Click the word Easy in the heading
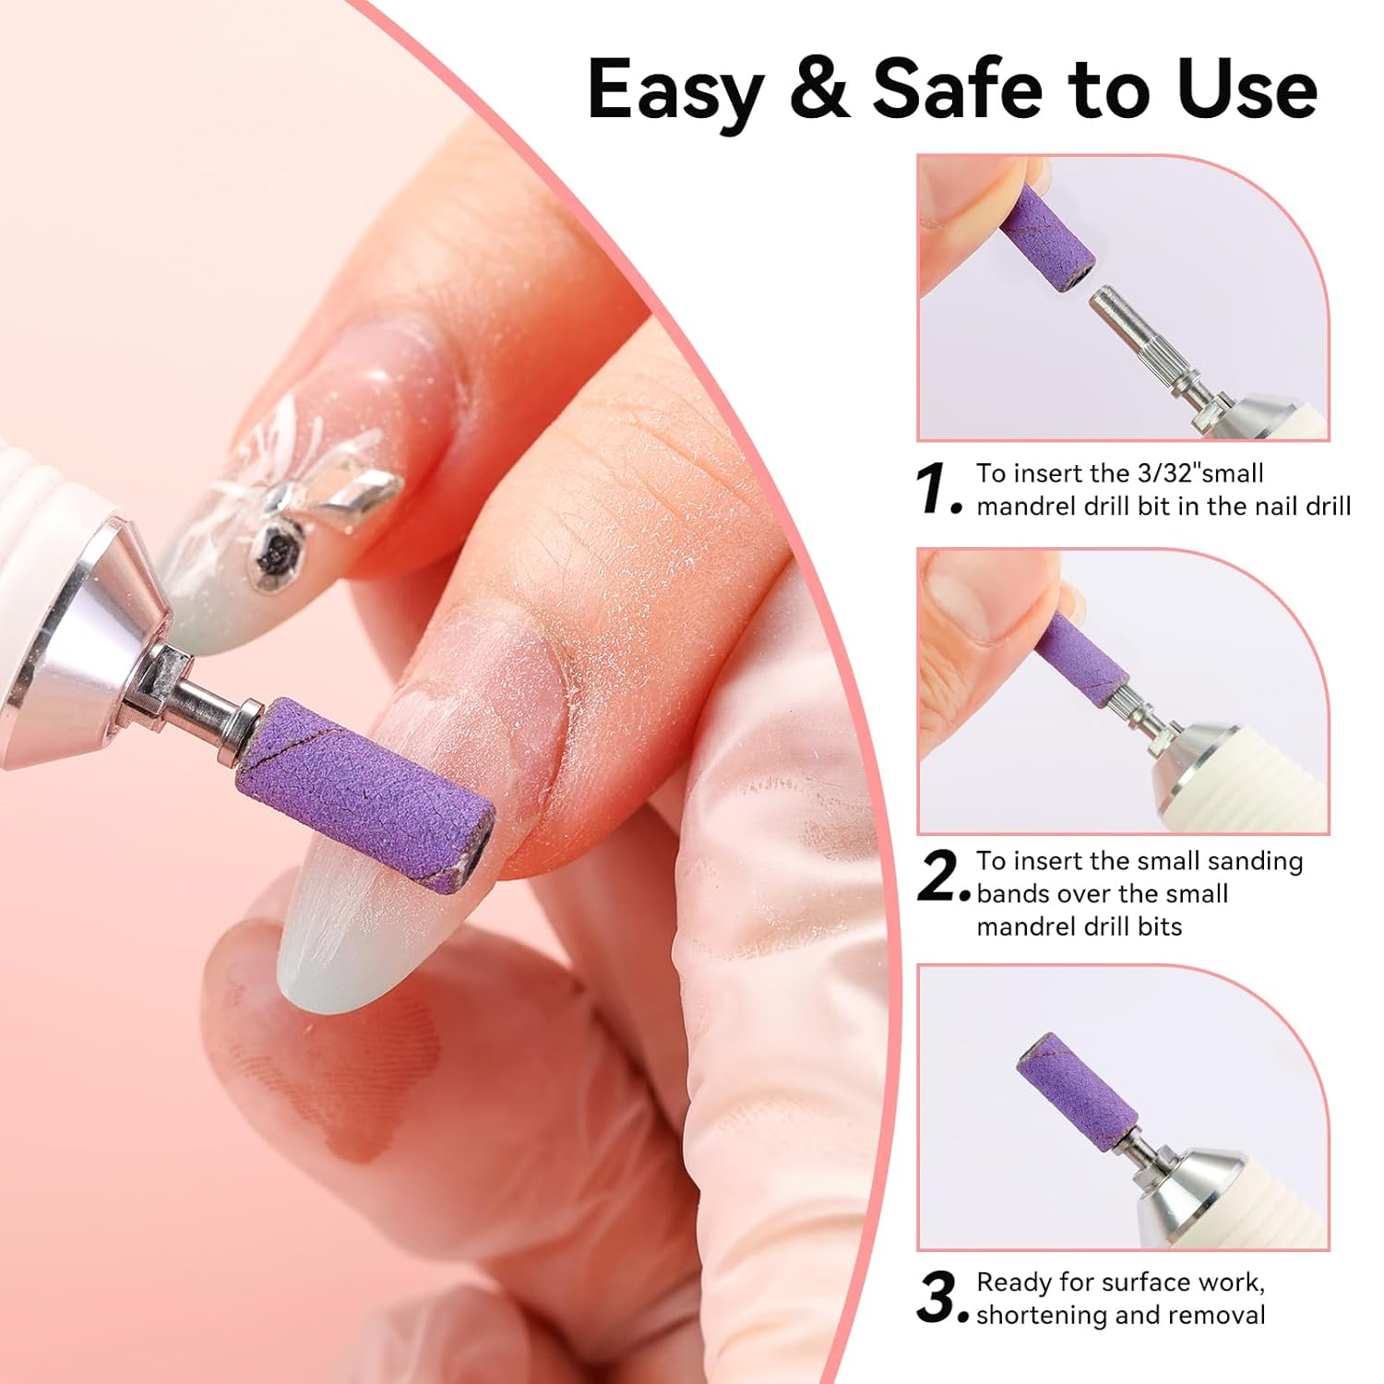(674, 89)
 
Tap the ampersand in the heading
(818, 89)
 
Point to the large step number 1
(937, 489)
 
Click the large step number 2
(940, 877)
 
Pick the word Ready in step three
(1015, 1283)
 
